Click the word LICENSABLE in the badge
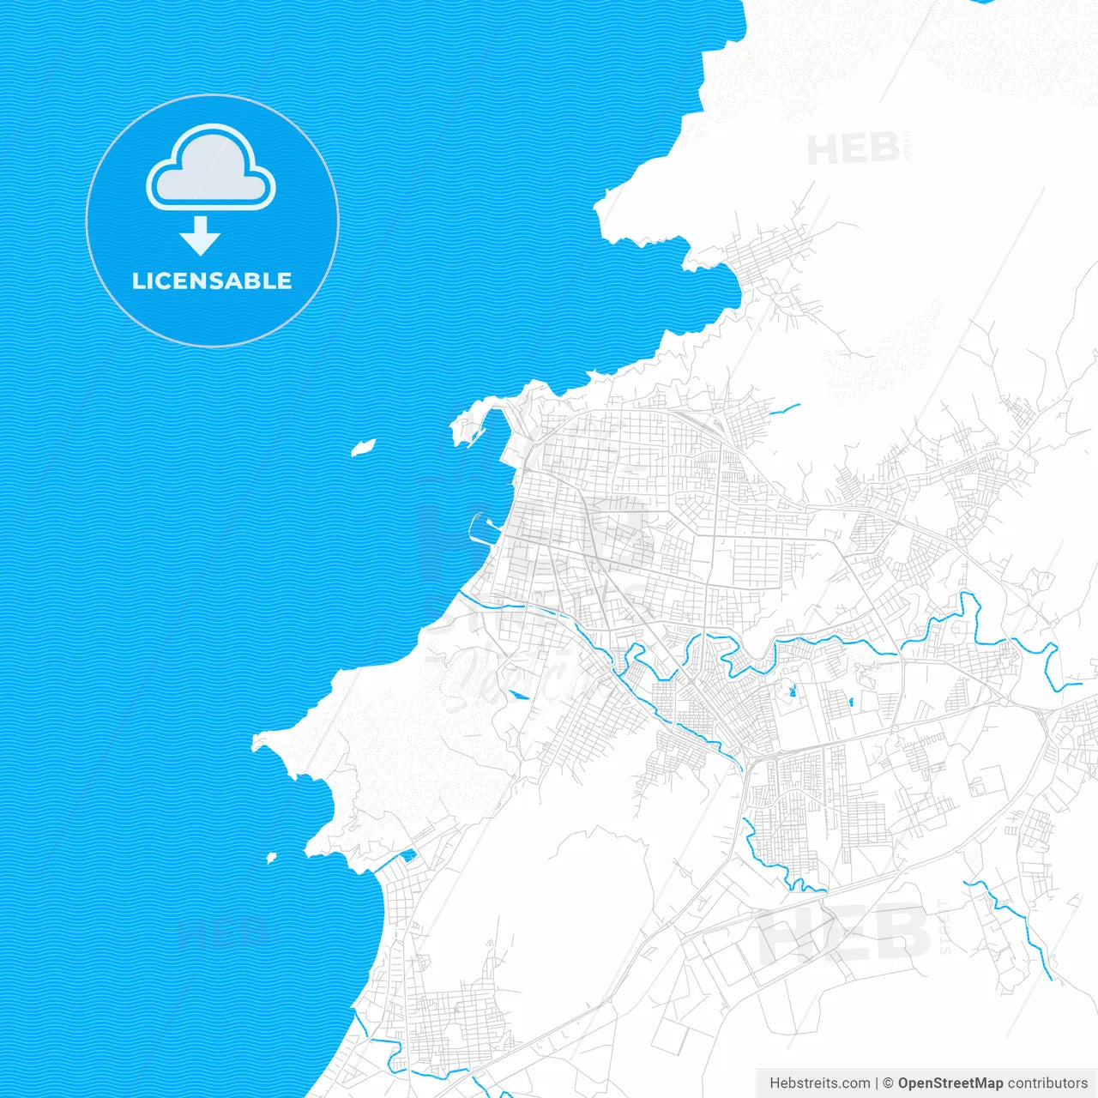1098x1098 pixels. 212,281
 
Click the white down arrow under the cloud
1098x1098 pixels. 201,235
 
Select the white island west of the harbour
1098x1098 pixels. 364,447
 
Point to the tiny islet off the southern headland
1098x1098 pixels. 271,857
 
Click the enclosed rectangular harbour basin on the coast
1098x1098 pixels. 481,528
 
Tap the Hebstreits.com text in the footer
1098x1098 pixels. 819,1083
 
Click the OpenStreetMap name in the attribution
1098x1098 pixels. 950,1083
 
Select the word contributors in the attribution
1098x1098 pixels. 1047,1083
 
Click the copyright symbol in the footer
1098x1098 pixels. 888,1083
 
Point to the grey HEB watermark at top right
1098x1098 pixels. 853,150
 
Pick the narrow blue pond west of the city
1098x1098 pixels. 518,694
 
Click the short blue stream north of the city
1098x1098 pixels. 785,410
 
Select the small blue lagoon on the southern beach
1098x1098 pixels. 408,854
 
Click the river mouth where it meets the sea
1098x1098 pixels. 460,592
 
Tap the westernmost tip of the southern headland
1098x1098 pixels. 256,743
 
